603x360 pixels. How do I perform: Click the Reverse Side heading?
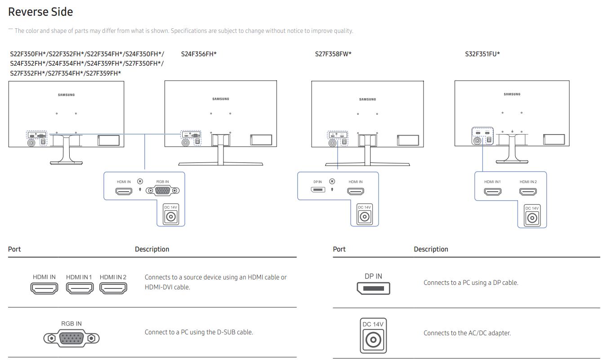coord(40,12)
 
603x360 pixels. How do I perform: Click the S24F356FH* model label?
coord(199,54)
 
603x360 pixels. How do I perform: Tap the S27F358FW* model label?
coord(333,54)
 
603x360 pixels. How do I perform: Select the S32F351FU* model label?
coord(482,54)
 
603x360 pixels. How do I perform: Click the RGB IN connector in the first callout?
coord(163,191)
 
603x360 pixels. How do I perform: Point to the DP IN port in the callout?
coord(317,190)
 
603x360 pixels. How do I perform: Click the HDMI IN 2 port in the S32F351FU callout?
coord(527,192)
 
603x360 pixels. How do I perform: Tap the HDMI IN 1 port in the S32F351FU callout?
coord(492,192)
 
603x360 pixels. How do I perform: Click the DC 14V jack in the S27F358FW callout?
coord(365,216)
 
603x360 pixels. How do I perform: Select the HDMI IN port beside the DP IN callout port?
coord(356,191)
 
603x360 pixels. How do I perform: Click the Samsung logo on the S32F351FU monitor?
coord(512,94)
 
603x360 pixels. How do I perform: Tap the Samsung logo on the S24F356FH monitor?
coord(220,99)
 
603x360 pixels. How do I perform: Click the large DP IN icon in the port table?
coord(373,288)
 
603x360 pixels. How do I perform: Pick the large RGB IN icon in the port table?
coord(71,338)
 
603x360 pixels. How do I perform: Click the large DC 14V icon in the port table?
coord(373,336)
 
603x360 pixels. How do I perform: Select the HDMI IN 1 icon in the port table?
coord(80,288)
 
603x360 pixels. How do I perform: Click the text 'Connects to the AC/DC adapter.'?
coord(467,333)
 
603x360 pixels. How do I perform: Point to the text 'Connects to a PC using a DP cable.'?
coord(471,283)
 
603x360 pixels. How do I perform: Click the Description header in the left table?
coord(152,249)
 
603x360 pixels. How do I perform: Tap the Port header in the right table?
coord(339,249)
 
